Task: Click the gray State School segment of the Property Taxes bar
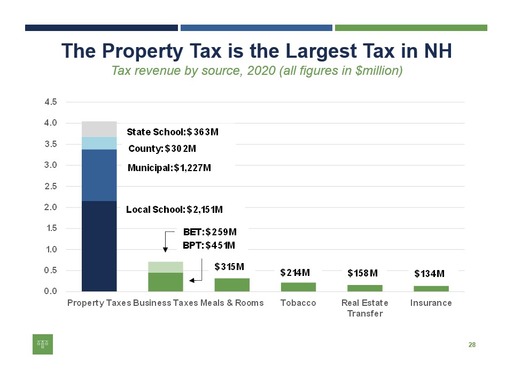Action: (x=99, y=129)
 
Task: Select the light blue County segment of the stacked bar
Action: (x=99, y=143)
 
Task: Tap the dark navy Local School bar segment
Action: (x=99, y=246)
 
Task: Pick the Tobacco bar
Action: (x=298, y=287)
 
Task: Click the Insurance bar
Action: (x=431, y=289)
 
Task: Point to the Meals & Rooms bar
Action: (x=232, y=284)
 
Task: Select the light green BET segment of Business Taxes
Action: (x=166, y=267)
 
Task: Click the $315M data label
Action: (x=229, y=266)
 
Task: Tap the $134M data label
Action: (x=430, y=274)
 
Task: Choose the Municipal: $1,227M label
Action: (x=169, y=168)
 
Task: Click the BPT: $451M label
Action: (x=209, y=245)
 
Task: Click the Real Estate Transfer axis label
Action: (x=364, y=308)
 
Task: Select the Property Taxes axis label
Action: (x=99, y=303)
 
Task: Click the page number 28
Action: (x=472, y=345)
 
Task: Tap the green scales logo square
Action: (x=43, y=344)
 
